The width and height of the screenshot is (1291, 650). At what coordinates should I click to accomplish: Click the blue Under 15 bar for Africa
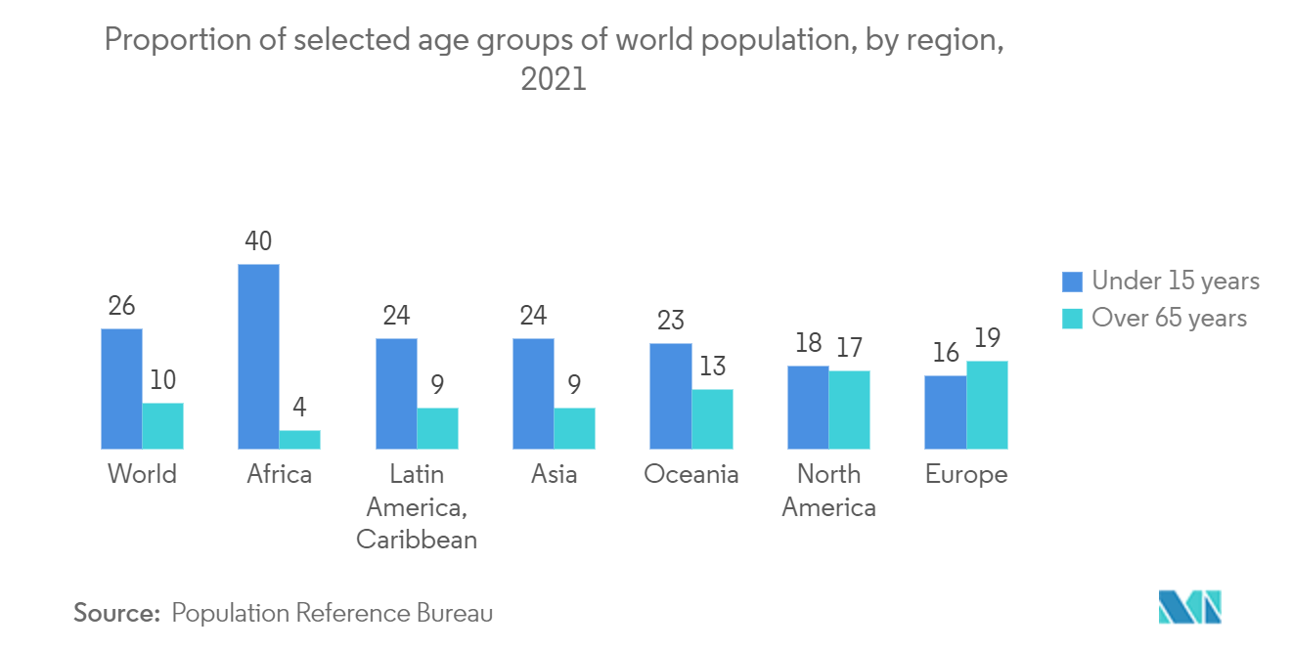tap(258, 357)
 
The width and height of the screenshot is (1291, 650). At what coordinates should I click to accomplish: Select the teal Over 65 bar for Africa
tap(299, 440)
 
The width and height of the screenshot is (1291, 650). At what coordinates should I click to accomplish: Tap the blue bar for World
tap(121, 389)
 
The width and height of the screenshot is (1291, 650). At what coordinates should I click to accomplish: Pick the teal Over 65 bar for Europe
tap(987, 405)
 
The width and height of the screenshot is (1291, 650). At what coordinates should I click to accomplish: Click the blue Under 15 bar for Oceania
tap(671, 396)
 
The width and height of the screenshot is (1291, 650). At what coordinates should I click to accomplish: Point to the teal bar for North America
tap(849, 410)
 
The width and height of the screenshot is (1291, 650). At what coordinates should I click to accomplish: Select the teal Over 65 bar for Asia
tap(574, 428)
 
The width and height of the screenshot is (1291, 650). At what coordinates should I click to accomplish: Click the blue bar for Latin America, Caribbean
tap(396, 394)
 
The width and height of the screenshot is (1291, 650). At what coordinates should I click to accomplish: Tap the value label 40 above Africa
tap(258, 241)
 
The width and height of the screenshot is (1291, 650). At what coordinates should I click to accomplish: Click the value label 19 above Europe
tap(987, 338)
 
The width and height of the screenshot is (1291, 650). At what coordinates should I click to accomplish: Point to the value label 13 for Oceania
tap(713, 367)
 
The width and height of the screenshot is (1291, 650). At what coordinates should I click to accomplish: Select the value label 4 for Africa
tap(300, 408)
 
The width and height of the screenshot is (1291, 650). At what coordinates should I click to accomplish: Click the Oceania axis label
tap(691, 474)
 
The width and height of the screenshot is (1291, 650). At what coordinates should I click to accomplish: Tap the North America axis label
tap(828, 491)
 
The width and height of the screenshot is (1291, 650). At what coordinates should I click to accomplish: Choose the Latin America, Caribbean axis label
tap(417, 506)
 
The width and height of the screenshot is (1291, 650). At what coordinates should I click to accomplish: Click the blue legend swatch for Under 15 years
tap(1072, 282)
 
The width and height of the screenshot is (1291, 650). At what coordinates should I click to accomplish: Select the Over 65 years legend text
tap(1169, 318)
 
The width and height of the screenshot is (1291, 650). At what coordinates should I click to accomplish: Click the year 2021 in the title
tap(554, 79)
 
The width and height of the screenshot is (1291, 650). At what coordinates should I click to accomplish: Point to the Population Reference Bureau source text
tap(332, 613)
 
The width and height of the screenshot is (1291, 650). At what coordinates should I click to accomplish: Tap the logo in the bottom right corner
tap(1190, 607)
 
